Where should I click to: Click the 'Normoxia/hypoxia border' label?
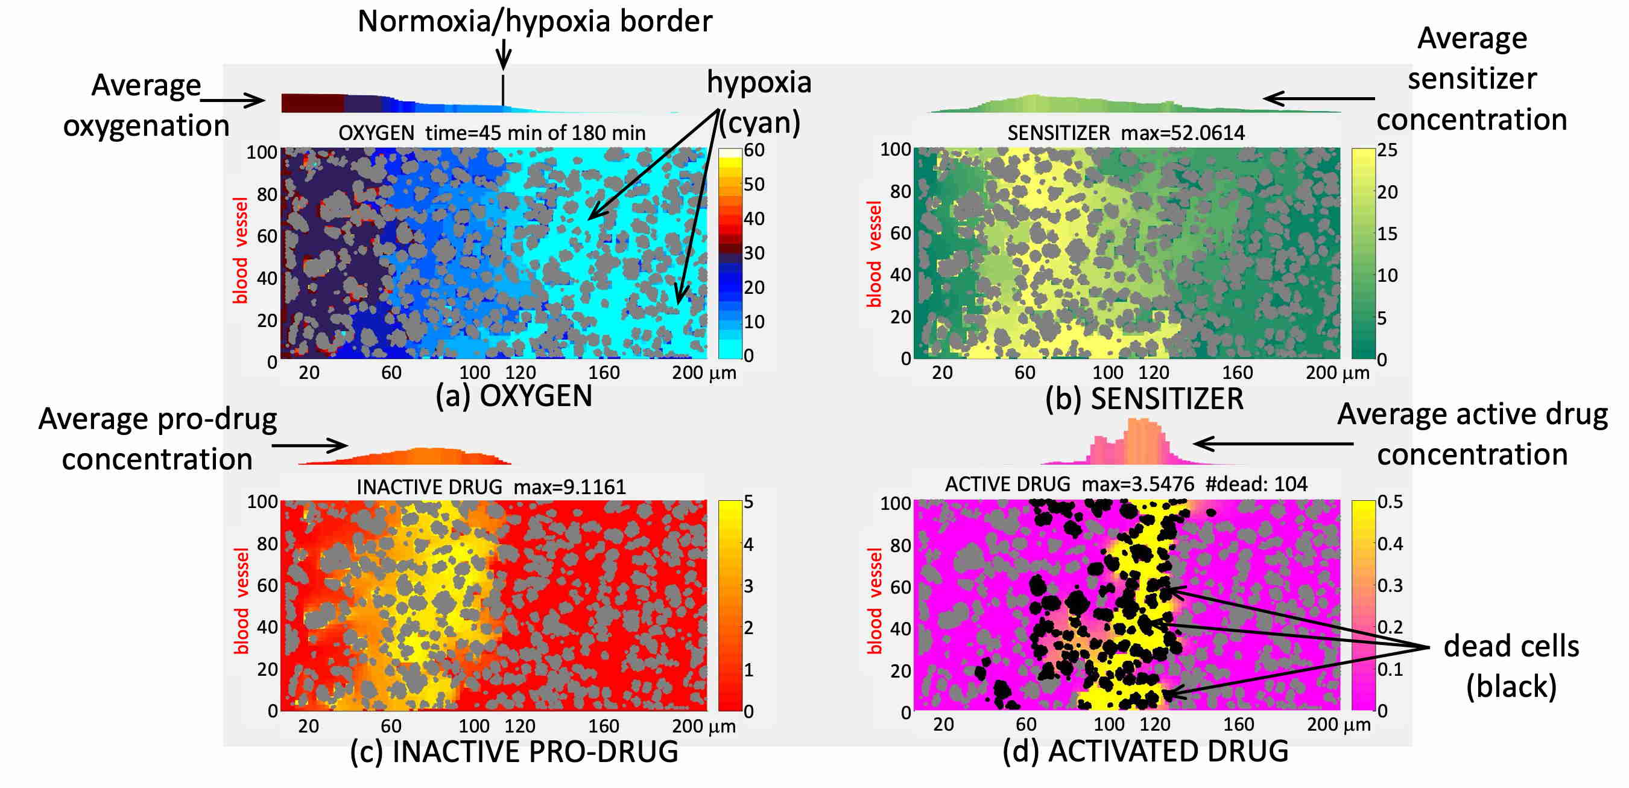534,22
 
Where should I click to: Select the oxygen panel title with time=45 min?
492,133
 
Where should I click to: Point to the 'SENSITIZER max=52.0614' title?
1125,133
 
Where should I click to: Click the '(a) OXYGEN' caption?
513,396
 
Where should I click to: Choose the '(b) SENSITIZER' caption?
1144,399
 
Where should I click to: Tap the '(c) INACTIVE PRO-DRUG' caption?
513,751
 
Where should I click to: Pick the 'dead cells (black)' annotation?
1511,666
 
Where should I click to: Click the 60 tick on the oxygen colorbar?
754,150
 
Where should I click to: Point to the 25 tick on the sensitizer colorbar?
1387,150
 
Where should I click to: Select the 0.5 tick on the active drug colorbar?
1390,502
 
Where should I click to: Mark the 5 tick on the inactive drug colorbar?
748,502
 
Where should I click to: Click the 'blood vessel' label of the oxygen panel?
240,250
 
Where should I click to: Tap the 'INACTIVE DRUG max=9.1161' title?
491,487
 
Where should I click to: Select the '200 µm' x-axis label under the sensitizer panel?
1338,372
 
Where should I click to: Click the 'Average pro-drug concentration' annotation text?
157,439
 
